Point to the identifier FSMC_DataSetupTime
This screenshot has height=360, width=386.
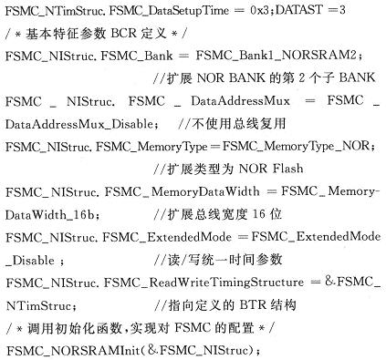(x=169, y=11)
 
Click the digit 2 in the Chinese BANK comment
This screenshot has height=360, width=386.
(x=301, y=77)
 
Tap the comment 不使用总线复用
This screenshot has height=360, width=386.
(x=239, y=124)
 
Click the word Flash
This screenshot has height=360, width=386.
(x=288, y=169)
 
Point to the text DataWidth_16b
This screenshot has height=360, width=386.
(x=49, y=215)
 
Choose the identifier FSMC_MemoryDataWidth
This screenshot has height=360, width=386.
(x=183, y=192)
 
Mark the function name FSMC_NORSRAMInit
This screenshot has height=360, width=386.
(x=73, y=351)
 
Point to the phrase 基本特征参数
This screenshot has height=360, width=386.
(x=67, y=33)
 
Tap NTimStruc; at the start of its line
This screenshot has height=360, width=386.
(x=41, y=306)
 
